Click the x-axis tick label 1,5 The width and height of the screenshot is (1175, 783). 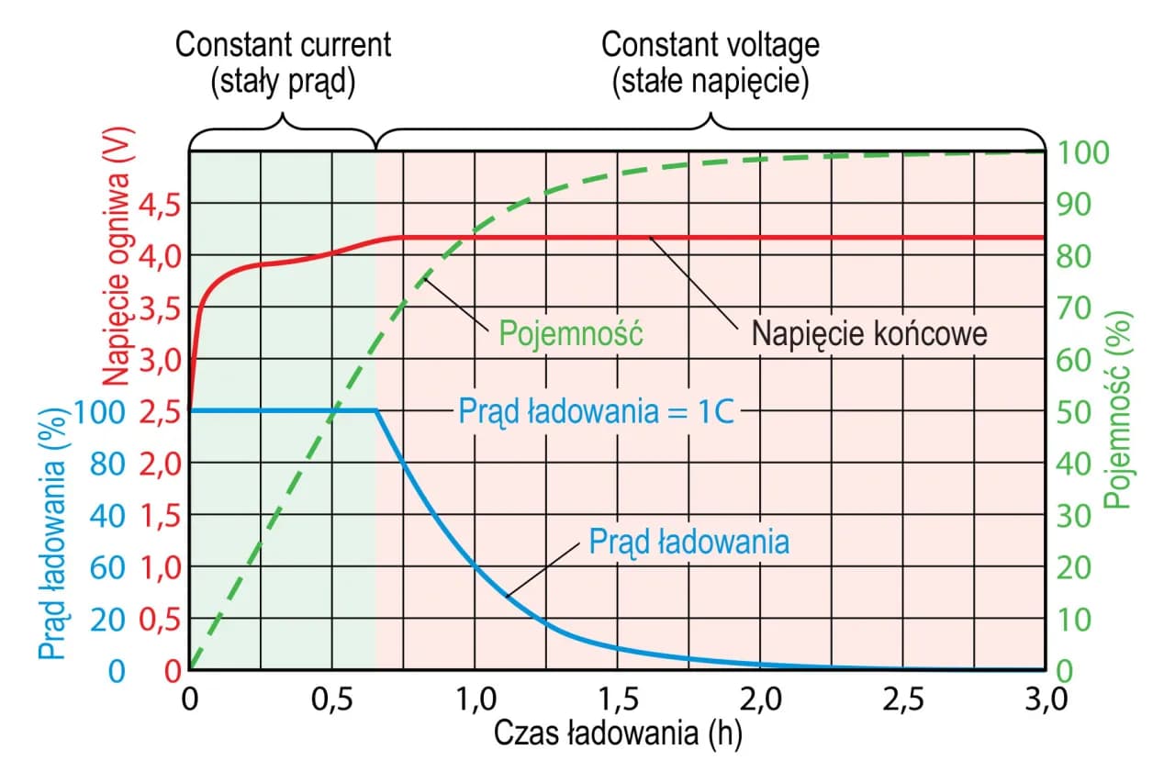[617, 702]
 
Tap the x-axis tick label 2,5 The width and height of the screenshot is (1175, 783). [902, 702]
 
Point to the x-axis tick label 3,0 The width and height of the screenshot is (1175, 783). [1045, 702]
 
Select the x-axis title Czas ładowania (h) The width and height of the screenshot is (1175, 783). [618, 734]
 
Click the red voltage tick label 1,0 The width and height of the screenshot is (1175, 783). [160, 567]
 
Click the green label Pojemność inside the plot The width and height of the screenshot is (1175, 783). [571, 334]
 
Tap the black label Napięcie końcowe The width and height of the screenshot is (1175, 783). [869, 333]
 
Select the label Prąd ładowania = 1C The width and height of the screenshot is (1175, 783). [597, 411]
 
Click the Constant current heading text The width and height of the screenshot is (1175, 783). [283, 44]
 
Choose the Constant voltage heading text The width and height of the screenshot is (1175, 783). [710, 44]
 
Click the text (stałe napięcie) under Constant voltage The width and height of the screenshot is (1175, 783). [710, 83]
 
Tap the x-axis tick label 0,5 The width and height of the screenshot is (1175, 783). [331, 702]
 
